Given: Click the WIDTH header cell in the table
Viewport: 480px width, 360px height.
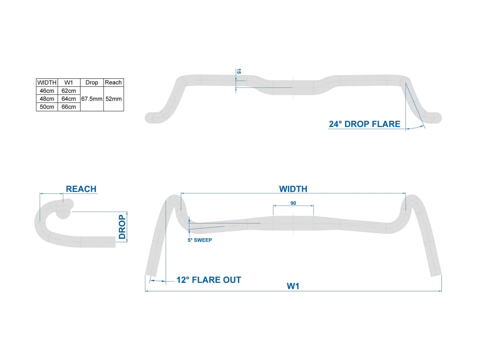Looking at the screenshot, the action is click(x=47, y=82).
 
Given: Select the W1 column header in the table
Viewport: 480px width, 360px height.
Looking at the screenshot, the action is click(x=69, y=82).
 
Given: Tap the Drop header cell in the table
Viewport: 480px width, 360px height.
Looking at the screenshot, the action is click(x=91, y=82).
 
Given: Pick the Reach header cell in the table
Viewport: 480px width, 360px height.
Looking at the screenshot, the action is click(x=113, y=82).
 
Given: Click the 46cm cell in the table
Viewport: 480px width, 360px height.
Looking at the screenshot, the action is click(x=47, y=91).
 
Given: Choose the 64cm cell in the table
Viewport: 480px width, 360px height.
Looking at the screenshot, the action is click(x=69, y=99).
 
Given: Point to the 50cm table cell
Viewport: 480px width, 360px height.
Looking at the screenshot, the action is click(x=47, y=107).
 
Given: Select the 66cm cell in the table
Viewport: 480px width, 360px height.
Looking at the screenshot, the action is click(x=69, y=107).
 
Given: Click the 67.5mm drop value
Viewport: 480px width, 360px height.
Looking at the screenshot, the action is click(x=92, y=99).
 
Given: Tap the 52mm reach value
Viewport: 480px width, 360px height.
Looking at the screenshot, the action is click(x=113, y=99).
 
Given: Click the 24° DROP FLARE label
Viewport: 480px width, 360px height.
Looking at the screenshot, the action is click(x=364, y=124).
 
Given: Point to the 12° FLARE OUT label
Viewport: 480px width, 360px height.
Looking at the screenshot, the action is click(x=208, y=280).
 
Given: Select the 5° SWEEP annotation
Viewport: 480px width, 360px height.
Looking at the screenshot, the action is click(x=200, y=240).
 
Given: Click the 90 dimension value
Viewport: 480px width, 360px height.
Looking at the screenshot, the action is click(x=293, y=203).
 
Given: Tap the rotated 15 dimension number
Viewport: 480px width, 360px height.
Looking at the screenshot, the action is click(x=239, y=71).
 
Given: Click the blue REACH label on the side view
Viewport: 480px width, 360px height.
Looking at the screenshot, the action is click(x=81, y=189).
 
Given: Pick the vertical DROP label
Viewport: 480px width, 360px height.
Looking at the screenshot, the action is click(x=122, y=227).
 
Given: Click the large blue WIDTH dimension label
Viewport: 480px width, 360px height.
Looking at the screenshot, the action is click(x=293, y=189).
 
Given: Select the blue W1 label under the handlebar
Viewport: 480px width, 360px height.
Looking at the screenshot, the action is click(x=293, y=286).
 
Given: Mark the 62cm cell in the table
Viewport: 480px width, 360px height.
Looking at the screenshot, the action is click(x=69, y=91).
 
